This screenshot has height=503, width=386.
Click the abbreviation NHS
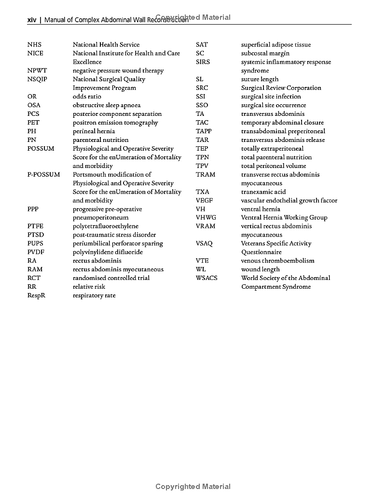34,45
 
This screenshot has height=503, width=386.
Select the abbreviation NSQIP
37,79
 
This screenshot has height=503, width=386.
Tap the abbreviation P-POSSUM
43,175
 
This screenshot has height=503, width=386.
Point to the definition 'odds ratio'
87,97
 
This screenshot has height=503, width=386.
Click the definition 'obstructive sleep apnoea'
107,105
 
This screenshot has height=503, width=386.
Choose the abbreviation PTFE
35,226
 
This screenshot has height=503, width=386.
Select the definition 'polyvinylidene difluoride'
108,252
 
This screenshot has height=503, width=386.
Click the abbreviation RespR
36,295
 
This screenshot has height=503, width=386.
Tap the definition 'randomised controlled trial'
111,278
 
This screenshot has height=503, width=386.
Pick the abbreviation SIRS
203,62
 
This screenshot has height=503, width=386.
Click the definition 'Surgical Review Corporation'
281,88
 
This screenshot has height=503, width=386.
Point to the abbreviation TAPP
204,131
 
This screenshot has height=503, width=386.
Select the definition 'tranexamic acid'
263,192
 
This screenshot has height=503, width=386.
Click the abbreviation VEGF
204,201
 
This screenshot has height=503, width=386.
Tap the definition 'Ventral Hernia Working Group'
284,218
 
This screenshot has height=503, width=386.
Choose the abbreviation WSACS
207,278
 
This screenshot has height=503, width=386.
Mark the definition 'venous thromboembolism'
277,261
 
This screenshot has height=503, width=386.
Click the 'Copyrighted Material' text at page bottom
193,487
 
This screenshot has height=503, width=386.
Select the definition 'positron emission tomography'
115,123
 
